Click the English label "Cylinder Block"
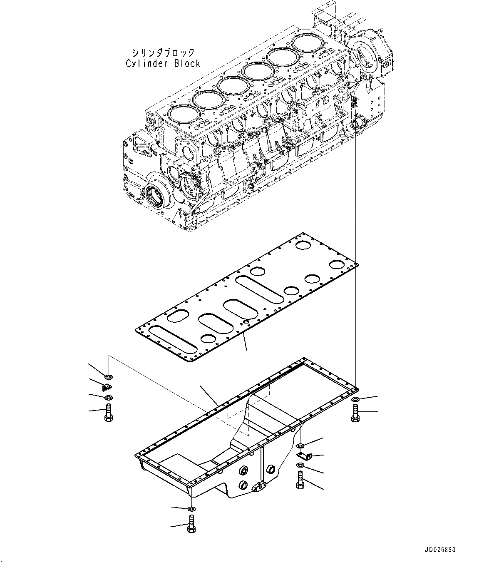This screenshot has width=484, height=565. tap(163, 63)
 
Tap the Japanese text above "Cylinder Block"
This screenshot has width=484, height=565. tap(163, 52)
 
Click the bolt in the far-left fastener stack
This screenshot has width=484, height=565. tap(108, 412)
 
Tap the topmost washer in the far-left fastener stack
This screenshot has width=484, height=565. tap(108, 377)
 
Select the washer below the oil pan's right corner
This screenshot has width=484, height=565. tap(355, 400)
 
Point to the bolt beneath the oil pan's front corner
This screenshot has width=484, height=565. tap(191, 523)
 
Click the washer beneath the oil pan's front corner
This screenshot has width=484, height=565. tap(191, 509)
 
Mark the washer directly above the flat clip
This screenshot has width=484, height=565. tap(300, 446)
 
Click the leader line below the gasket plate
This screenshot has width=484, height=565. tap(246, 342)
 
